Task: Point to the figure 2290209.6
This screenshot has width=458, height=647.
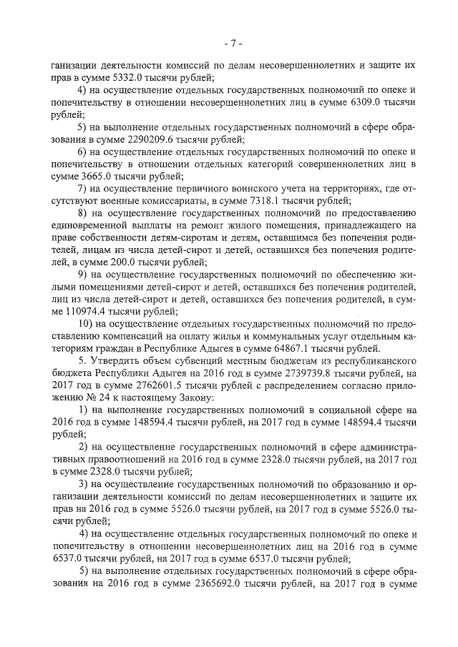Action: pyautogui.click(x=123, y=144)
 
